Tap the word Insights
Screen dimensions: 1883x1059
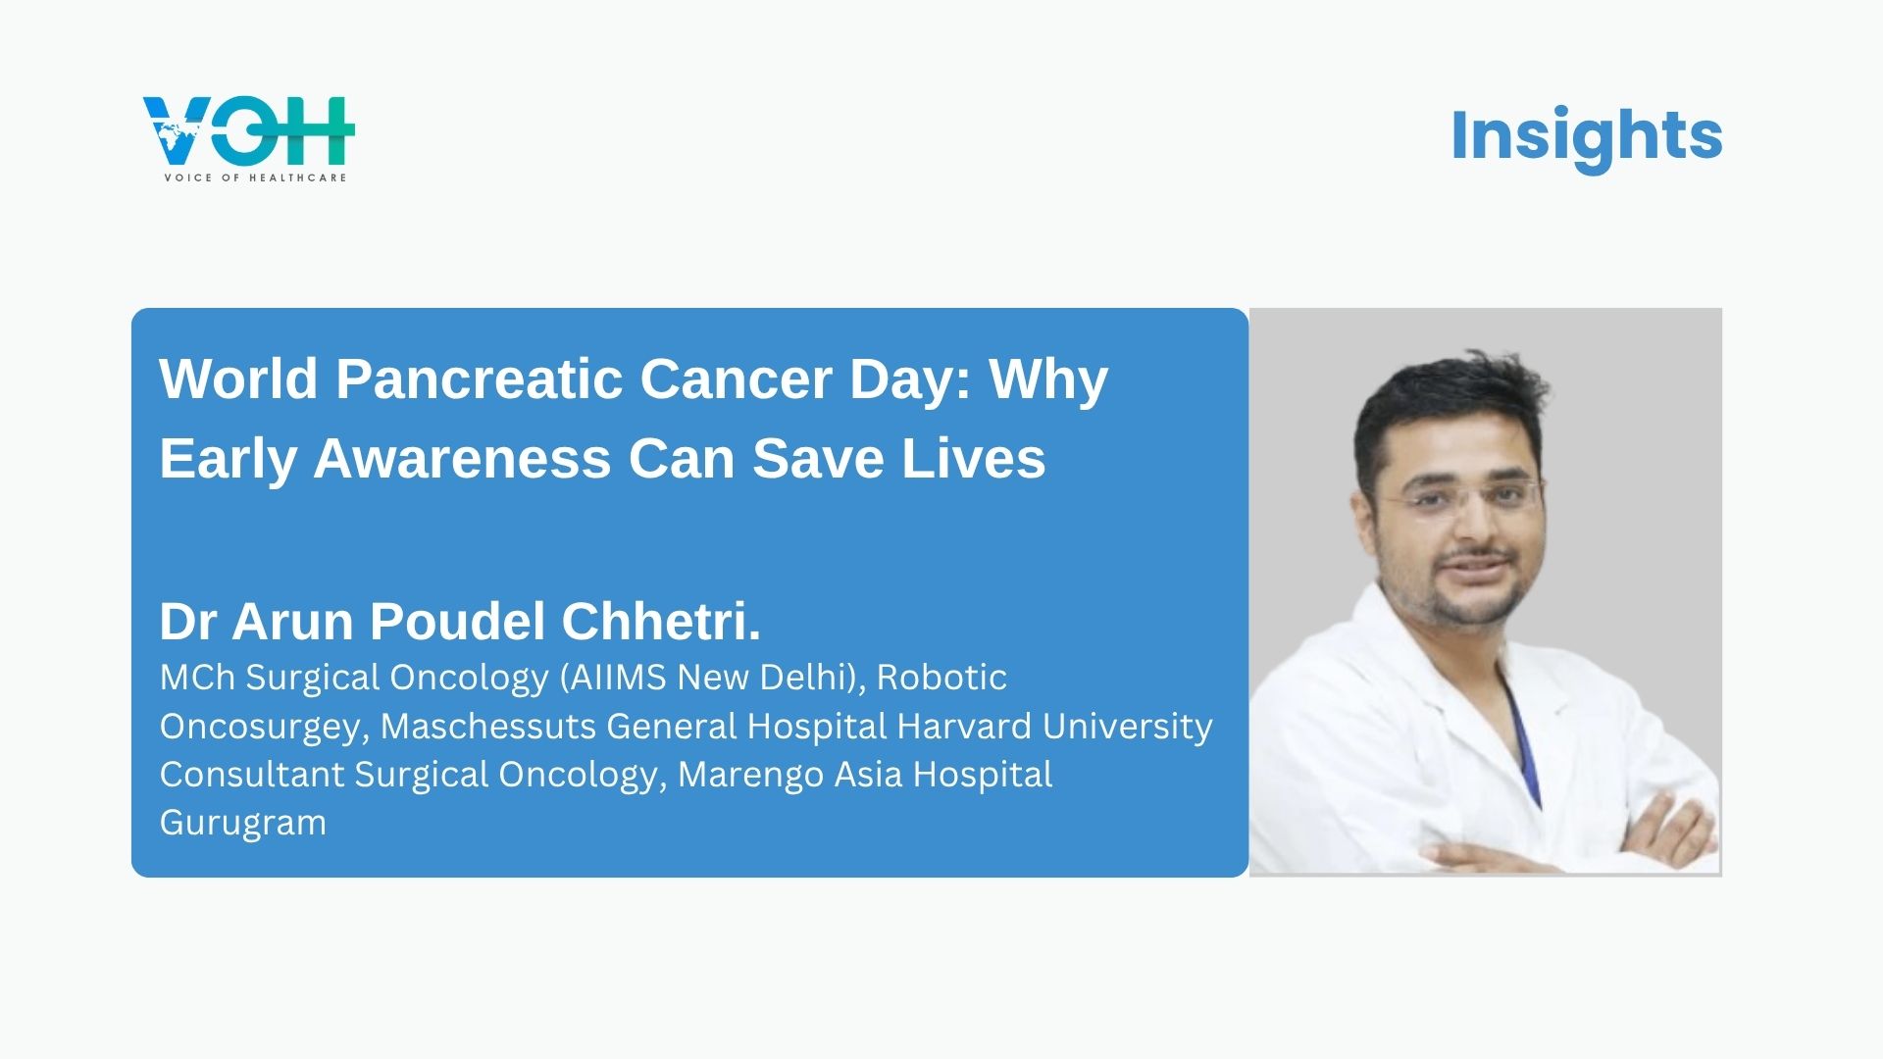click(x=1586, y=135)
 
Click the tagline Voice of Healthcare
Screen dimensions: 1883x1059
click(x=255, y=177)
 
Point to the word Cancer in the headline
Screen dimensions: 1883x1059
click(x=737, y=378)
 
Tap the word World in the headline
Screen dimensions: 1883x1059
click(x=238, y=378)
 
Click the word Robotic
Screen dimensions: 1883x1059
click(x=941, y=678)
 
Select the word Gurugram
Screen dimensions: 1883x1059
click(x=243, y=823)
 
